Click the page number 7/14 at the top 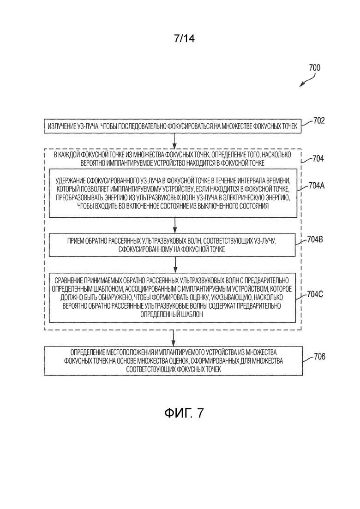point(184,39)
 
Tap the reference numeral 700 point(315,67)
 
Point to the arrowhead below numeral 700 point(302,85)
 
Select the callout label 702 point(319,121)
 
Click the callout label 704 point(318,158)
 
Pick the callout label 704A point(317,186)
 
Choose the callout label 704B point(315,240)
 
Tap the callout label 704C point(315,294)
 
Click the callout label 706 point(319,357)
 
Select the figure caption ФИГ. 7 point(184,413)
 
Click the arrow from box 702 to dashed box point(174,141)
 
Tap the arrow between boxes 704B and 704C point(175,265)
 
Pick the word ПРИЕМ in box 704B point(76,241)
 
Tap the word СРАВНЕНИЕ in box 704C point(68,280)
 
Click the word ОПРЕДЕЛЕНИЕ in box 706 point(86,352)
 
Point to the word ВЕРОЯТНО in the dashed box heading point(92,163)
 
